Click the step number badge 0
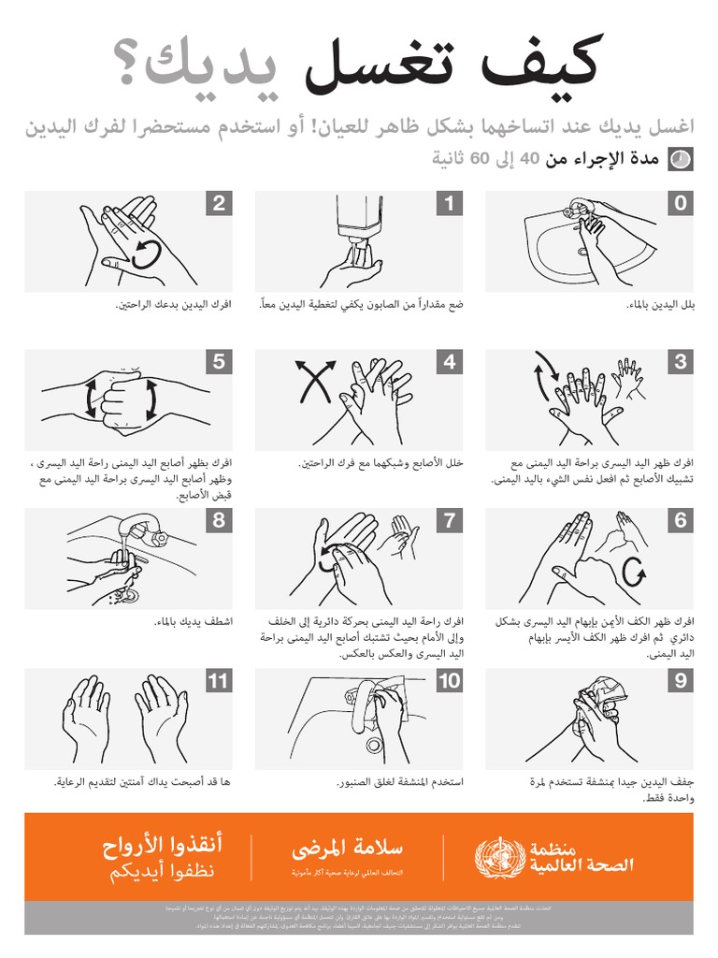[x=680, y=203]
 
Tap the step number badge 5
[x=218, y=362]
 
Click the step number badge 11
[x=218, y=681]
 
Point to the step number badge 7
[x=449, y=521]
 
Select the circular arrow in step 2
[x=147, y=253]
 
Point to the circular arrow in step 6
[x=633, y=569]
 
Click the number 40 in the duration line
[x=529, y=160]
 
